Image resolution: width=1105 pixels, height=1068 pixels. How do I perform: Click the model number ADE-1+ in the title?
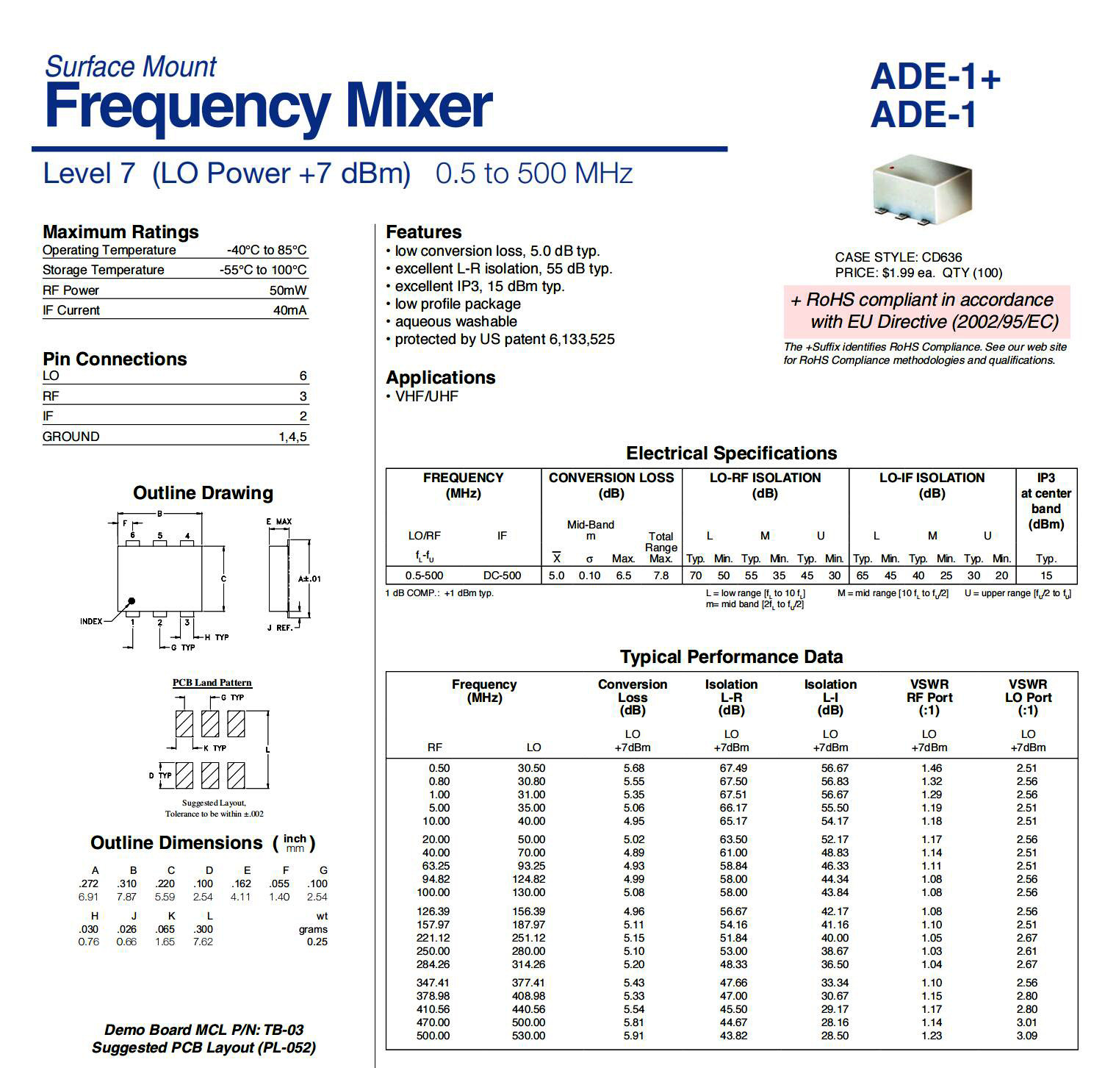click(x=935, y=77)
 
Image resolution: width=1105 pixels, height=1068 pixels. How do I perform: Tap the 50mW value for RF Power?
click(x=288, y=290)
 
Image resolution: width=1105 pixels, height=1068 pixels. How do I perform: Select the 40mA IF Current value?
click(x=289, y=310)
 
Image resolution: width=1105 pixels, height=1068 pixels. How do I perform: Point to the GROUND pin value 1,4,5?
click(x=292, y=437)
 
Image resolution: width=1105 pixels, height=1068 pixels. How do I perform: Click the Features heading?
click(x=424, y=232)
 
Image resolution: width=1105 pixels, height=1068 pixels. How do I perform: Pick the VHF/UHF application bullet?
click(x=426, y=396)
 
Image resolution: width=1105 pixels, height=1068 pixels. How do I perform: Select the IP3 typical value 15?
click(x=1045, y=576)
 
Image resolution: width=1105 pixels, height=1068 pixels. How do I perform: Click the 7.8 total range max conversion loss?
click(x=661, y=576)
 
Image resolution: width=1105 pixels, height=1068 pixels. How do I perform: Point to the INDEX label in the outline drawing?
click(x=91, y=622)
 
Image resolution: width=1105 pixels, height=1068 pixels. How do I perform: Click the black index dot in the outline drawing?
click(x=132, y=601)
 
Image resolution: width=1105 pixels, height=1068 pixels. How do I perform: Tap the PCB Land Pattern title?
click(x=212, y=683)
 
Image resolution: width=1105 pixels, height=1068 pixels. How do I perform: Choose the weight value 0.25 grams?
click(x=317, y=942)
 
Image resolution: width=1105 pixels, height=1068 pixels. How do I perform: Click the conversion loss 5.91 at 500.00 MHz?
click(x=633, y=1036)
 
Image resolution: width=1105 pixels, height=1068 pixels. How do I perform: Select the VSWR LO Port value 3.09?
click(x=1026, y=1036)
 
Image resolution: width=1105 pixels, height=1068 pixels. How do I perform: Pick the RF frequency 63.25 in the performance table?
click(x=436, y=866)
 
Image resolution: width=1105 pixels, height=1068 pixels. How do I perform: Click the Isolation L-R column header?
click(x=731, y=697)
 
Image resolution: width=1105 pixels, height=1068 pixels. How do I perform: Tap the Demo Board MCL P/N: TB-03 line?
click(x=204, y=1030)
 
